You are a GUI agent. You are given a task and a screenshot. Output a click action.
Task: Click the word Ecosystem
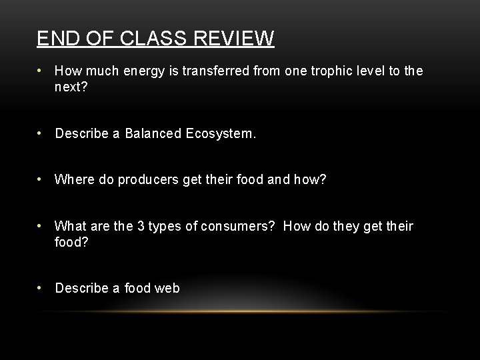point(220,134)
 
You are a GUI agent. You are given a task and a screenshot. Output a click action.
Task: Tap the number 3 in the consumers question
point(141,226)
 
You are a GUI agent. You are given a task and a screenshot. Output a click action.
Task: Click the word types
point(165,226)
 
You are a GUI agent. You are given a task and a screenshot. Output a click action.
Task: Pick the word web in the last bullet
point(167,288)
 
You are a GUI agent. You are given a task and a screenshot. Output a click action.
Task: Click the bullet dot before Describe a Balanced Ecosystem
point(41,134)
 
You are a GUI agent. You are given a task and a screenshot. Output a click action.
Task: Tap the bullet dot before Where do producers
point(41,179)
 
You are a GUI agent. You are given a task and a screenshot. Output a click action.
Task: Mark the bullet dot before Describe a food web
point(41,288)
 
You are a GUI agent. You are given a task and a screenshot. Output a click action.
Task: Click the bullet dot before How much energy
point(41,71)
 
